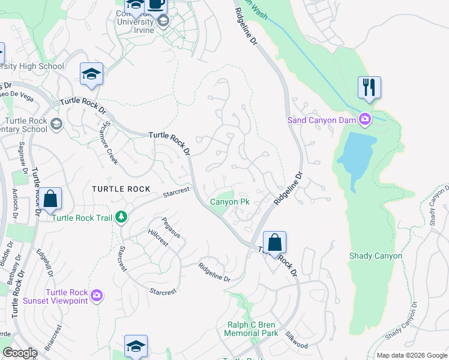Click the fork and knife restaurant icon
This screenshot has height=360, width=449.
[x=369, y=88]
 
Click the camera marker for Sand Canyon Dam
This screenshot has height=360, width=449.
[x=364, y=120]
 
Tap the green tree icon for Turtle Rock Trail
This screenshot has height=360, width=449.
[x=122, y=217]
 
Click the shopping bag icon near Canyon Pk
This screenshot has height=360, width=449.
[x=274, y=243]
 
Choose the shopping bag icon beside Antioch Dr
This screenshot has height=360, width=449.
[x=51, y=199]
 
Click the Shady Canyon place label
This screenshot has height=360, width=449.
[x=376, y=256]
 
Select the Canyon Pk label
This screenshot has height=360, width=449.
[x=229, y=202]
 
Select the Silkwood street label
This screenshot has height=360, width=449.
[x=297, y=341]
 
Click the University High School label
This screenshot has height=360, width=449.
[x=33, y=66]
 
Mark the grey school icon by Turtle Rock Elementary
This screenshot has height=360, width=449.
[x=56, y=124]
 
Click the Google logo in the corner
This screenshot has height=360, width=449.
[x=19, y=353]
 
